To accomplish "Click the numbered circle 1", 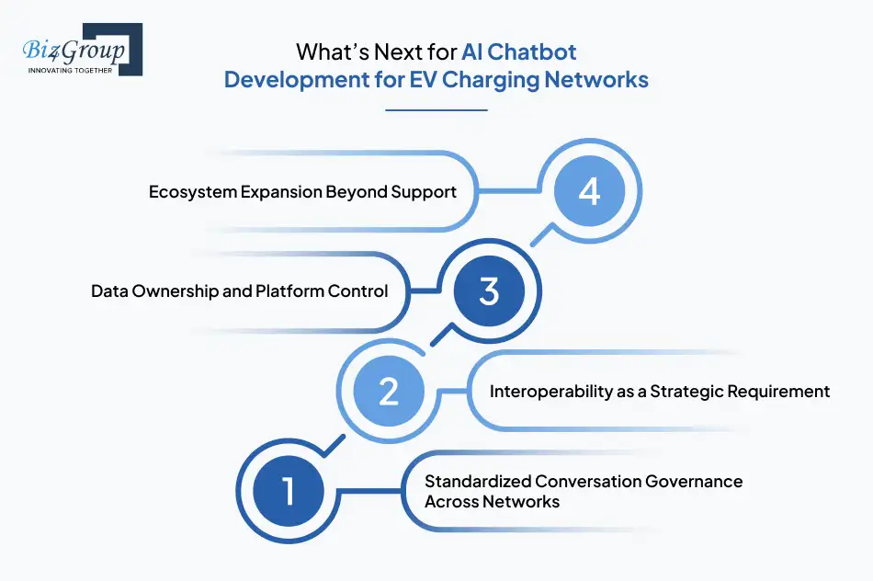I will click(289, 490).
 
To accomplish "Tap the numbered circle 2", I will click(388, 391).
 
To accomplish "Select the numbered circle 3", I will click(489, 291).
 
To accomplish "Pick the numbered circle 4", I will click(589, 192).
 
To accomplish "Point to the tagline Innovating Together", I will click(70, 69).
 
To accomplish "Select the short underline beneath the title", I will click(436, 110).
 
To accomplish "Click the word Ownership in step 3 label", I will click(174, 291).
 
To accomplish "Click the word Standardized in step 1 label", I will click(478, 481).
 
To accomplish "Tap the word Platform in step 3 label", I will click(289, 291).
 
